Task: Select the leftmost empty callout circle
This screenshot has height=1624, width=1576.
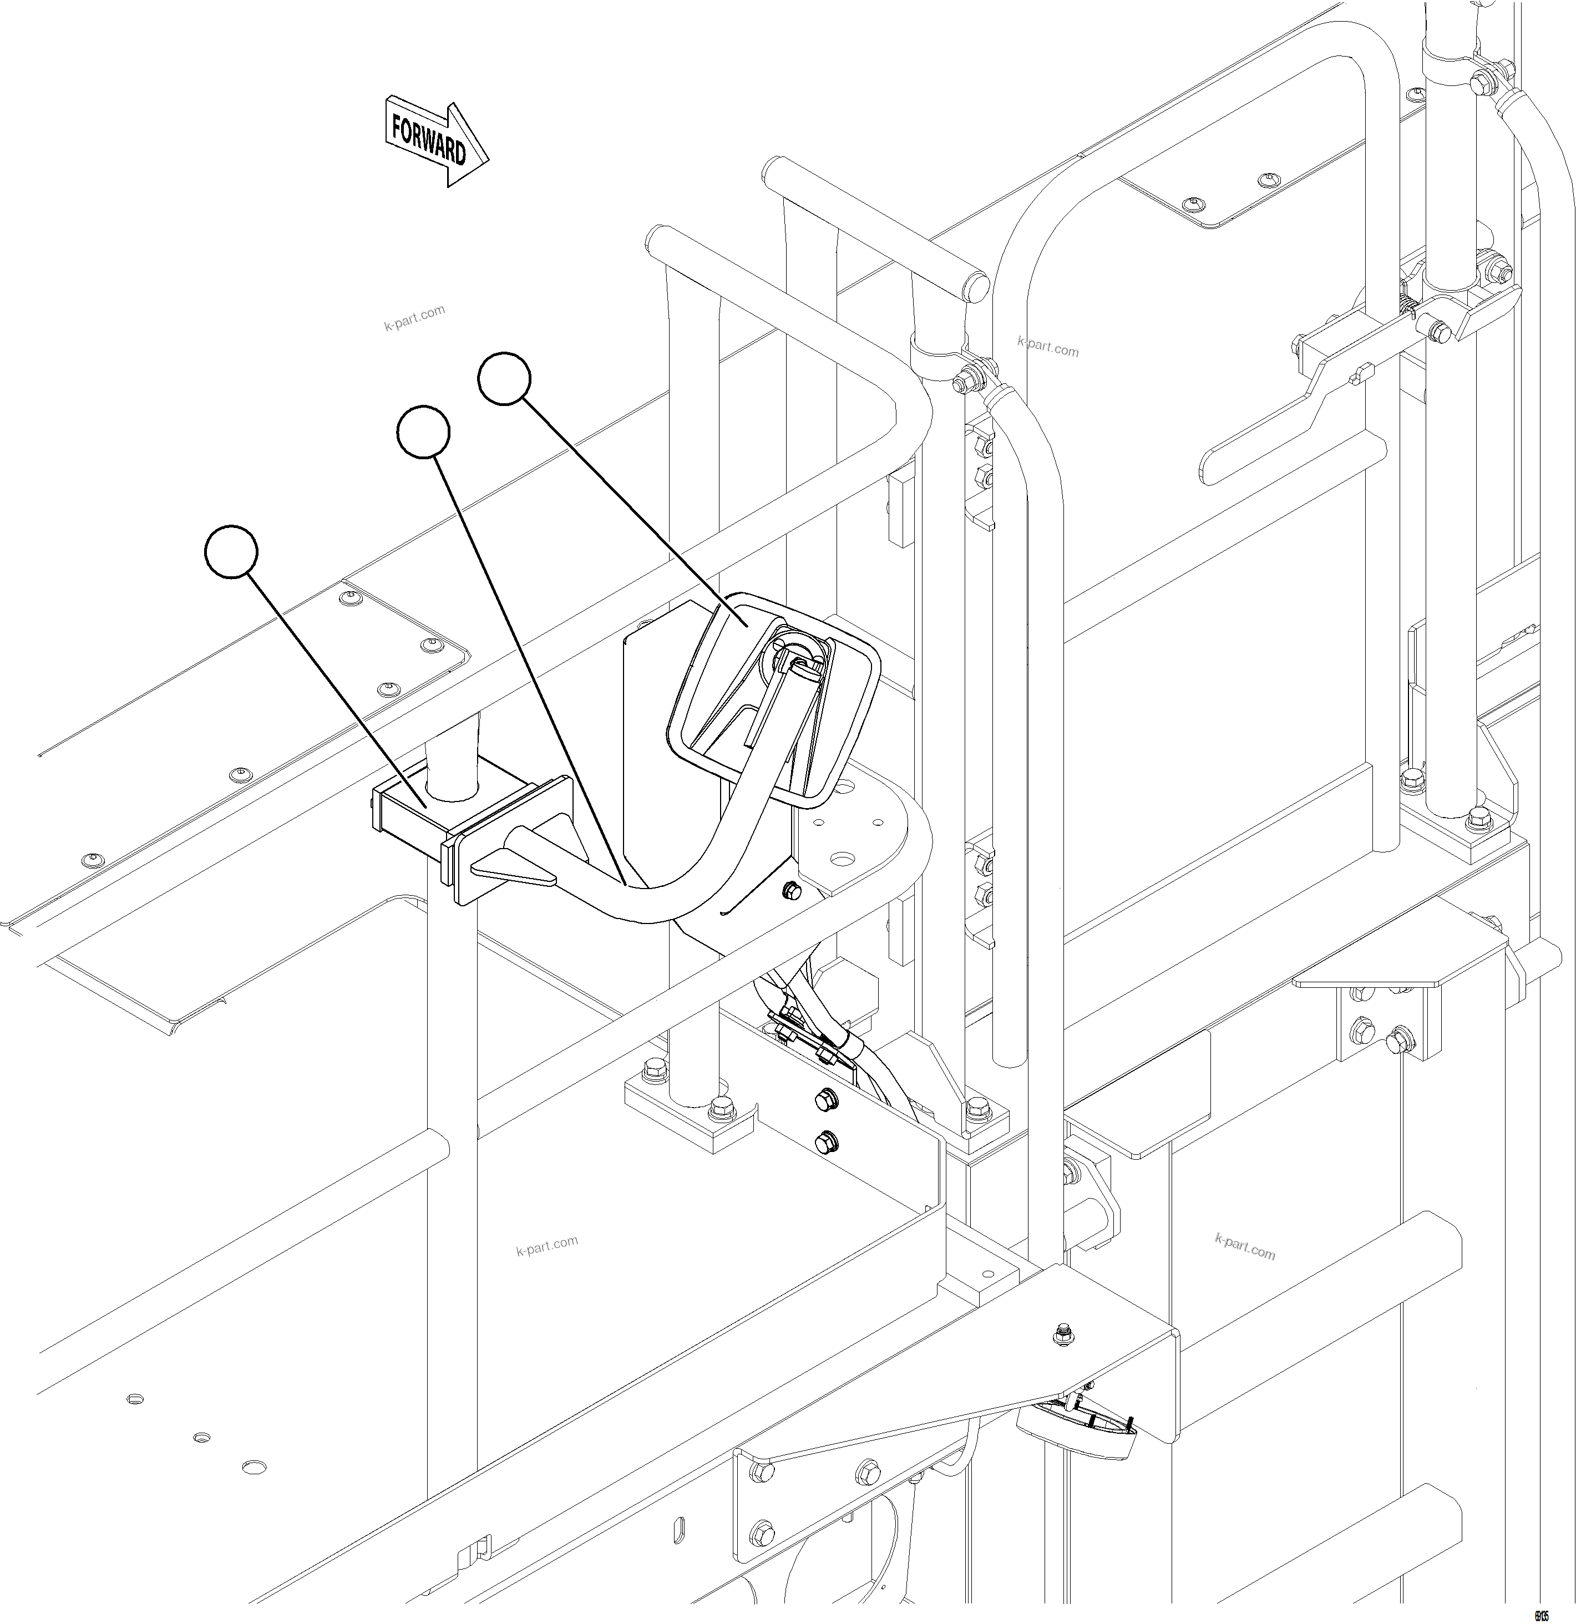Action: coord(231,551)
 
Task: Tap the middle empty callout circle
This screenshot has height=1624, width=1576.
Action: coord(423,432)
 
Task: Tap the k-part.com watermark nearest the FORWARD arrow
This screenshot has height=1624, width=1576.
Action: coord(414,317)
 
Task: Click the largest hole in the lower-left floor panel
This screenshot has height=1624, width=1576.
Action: coord(255,1466)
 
